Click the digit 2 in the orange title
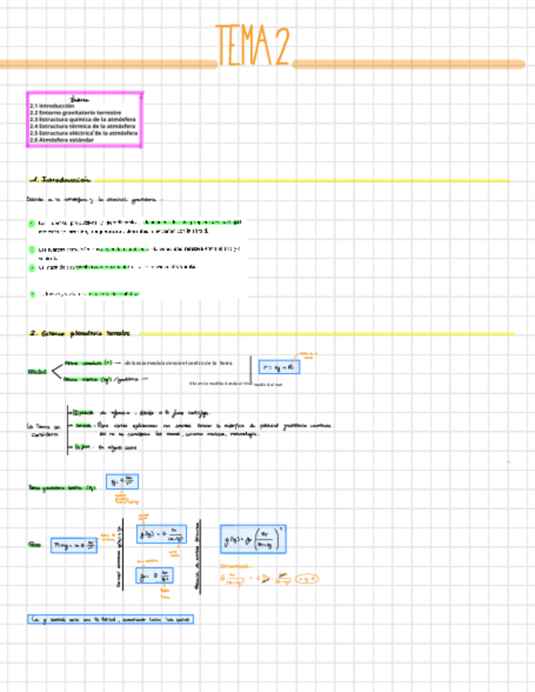tap(280, 45)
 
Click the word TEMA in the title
tap(243, 45)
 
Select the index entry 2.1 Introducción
tap(52, 106)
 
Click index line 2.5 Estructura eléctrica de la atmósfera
tap(82, 133)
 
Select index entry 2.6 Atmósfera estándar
tap(62, 140)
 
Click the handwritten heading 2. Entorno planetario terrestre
tap(80, 333)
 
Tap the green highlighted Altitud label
tap(37, 372)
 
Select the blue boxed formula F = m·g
tap(73, 546)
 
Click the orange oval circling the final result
tap(307, 579)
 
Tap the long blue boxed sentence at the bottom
tap(109, 619)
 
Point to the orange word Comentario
tap(236, 566)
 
